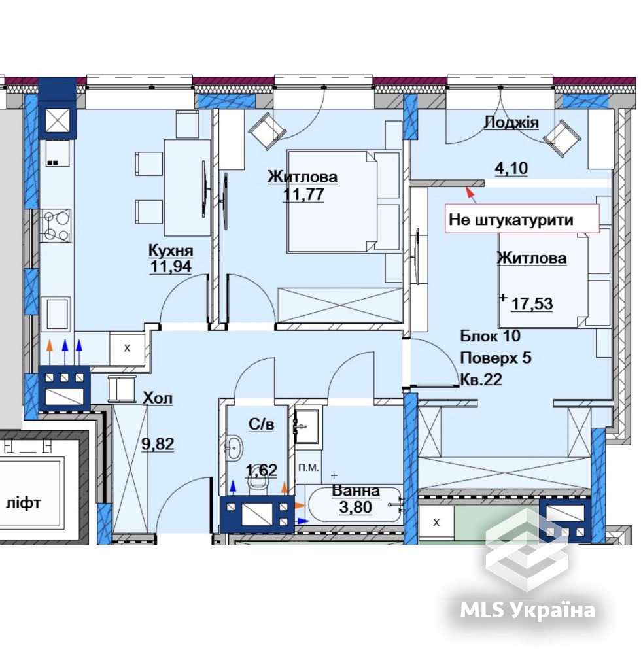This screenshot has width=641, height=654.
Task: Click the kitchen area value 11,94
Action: tap(171, 266)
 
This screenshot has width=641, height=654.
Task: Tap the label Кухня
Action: tap(171, 250)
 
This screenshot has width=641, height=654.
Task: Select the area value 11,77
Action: tap(303, 194)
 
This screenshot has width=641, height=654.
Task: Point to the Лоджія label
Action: tap(511, 122)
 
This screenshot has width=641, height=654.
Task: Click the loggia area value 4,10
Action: tap(511, 168)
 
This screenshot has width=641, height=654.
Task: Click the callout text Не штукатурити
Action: tap(511, 219)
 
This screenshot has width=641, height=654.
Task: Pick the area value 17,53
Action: tap(532, 303)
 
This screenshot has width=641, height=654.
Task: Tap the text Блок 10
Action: tap(491, 336)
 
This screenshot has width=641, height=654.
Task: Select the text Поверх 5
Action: tap(496, 358)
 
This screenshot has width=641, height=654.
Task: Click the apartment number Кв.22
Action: tap(481, 379)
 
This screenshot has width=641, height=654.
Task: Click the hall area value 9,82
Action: tap(158, 444)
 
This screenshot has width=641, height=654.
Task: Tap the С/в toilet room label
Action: tap(262, 424)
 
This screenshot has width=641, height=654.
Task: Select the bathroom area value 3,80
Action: tap(356, 507)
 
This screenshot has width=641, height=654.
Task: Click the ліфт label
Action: tap(24, 502)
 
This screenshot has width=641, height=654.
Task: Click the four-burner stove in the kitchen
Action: tap(56, 225)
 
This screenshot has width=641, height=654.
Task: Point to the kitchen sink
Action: tap(58, 314)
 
